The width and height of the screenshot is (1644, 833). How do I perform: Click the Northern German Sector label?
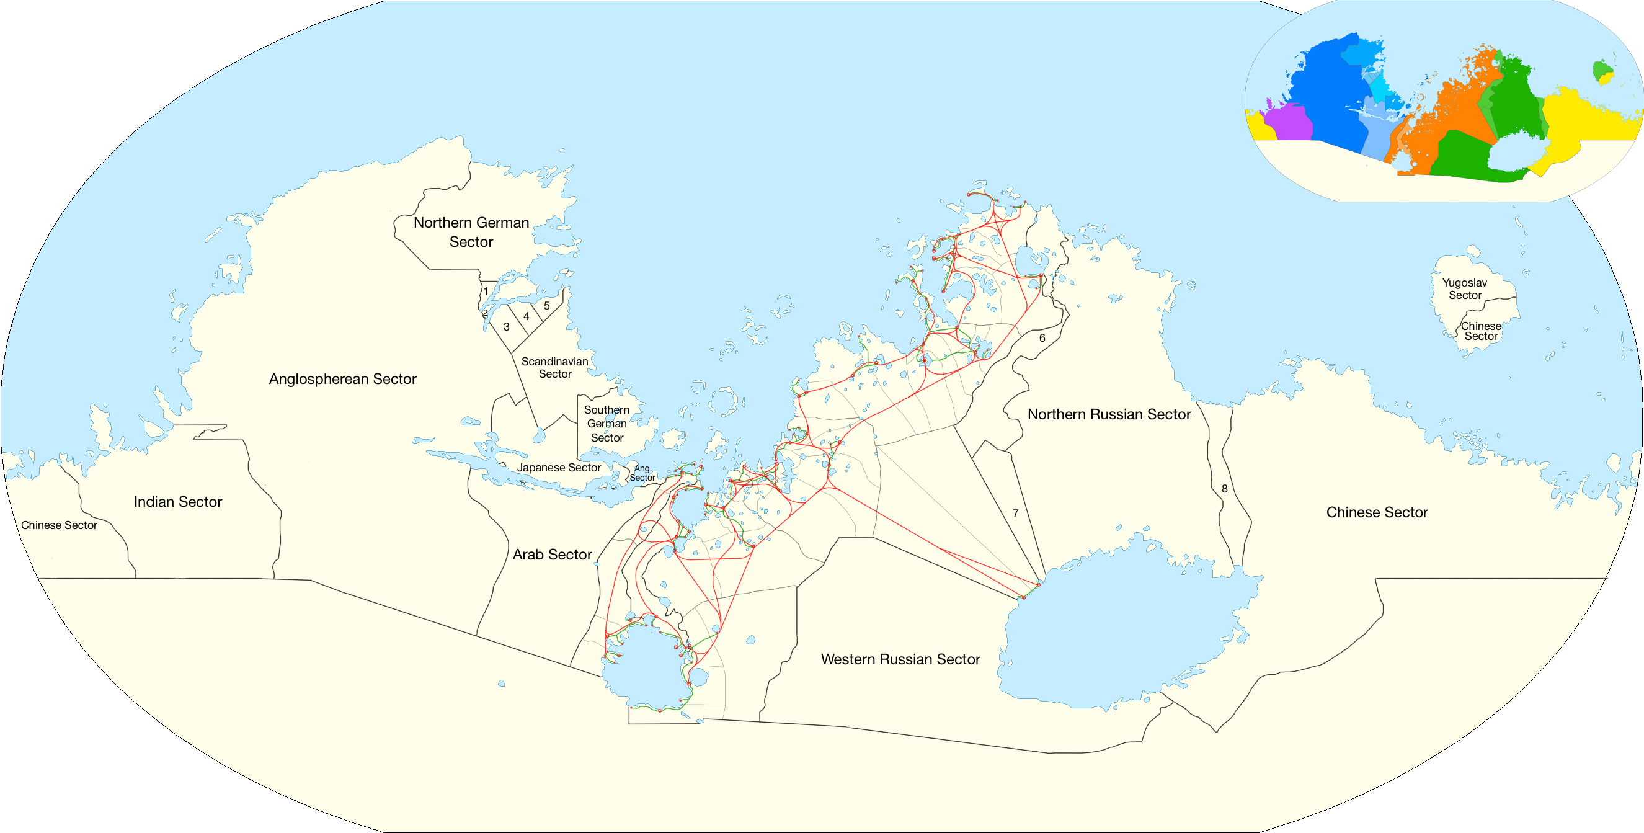pyautogui.click(x=471, y=232)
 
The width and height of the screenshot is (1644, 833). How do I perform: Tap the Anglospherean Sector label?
pyautogui.click(x=343, y=379)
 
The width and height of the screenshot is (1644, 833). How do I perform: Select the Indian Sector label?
pyautogui.click(x=178, y=502)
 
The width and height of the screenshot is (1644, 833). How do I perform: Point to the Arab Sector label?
pyautogui.click(x=552, y=555)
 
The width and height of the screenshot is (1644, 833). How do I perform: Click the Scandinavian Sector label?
pyautogui.click(x=554, y=368)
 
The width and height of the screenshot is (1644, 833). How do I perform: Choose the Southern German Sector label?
pyautogui.click(x=607, y=424)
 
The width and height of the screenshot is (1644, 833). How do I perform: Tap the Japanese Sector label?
pyautogui.click(x=558, y=468)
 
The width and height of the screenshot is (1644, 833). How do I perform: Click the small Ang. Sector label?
pyautogui.click(x=642, y=473)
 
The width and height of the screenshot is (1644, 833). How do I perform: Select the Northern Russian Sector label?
pyautogui.click(x=1109, y=414)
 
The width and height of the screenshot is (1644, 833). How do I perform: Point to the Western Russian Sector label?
pyautogui.click(x=900, y=659)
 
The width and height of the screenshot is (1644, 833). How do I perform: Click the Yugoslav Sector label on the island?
pyautogui.click(x=1465, y=288)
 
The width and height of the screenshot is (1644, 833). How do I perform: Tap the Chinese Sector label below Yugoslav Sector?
pyautogui.click(x=1481, y=331)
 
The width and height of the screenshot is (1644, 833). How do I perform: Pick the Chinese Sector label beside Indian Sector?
pyautogui.click(x=60, y=525)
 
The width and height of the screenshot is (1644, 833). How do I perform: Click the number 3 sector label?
pyautogui.click(x=506, y=327)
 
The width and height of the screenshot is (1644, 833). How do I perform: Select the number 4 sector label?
pyautogui.click(x=527, y=316)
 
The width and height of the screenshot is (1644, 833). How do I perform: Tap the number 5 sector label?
pyautogui.click(x=547, y=306)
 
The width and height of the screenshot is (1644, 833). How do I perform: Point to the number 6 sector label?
pyautogui.click(x=1042, y=337)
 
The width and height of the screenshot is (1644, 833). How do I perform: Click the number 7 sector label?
pyautogui.click(x=1015, y=513)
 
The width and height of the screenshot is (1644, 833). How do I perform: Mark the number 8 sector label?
pyautogui.click(x=1225, y=488)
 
